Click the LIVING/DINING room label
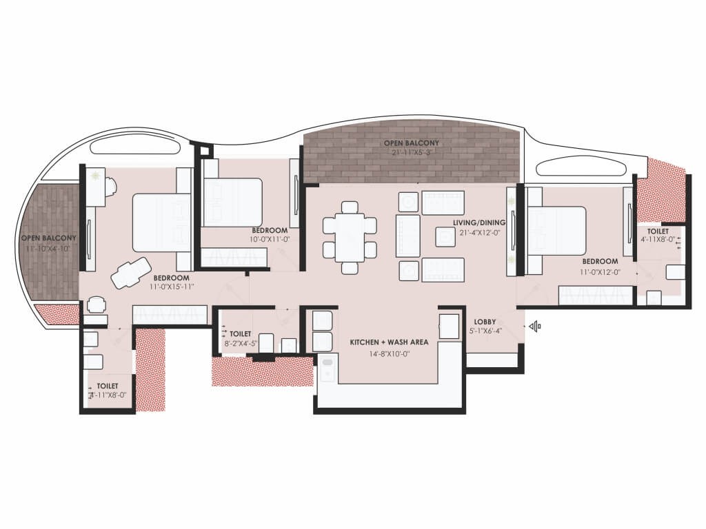click(479, 222)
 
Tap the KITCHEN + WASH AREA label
click(389, 342)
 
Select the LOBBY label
click(485, 322)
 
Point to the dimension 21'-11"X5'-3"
click(412, 152)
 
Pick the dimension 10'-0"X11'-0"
click(270, 240)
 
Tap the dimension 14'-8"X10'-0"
click(389, 354)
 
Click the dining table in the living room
click(350, 238)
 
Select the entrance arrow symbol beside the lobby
click(535, 326)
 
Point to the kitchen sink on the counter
click(327, 368)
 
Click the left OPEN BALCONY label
click(49, 238)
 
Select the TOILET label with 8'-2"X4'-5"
click(241, 334)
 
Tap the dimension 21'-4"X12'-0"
click(479, 233)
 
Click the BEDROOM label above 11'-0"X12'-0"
click(601, 261)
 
